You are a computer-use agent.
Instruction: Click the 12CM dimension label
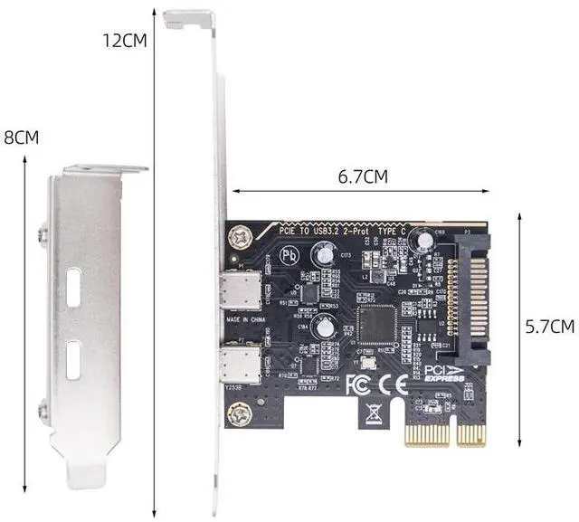(x=126, y=41)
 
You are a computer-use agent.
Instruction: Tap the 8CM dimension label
(x=22, y=138)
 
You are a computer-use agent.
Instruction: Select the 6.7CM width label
(x=362, y=177)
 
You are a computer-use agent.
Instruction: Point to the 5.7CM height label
(x=550, y=327)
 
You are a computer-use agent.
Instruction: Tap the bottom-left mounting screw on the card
(x=241, y=415)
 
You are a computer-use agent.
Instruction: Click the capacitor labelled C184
(x=325, y=331)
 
